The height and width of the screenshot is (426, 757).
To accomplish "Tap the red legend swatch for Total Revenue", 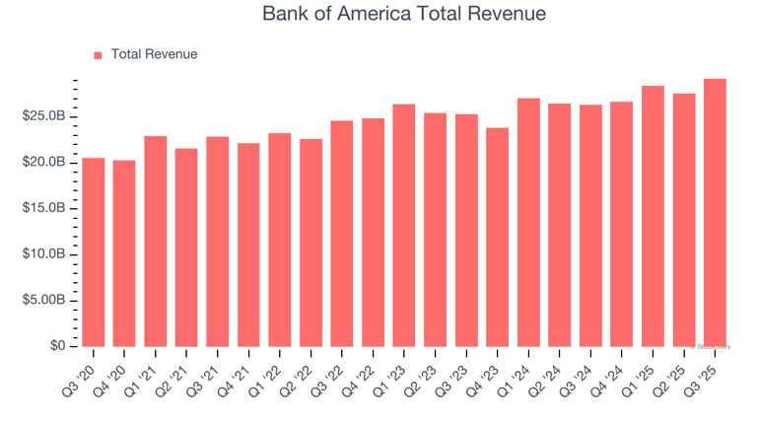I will click(98, 55).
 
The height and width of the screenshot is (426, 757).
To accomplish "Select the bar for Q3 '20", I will click(94, 252).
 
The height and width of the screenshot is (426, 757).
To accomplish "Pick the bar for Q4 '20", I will click(124, 253).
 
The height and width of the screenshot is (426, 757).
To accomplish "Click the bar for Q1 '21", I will click(156, 242).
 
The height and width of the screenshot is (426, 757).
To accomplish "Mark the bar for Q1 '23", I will click(404, 226).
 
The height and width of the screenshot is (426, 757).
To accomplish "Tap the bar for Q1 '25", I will click(653, 217).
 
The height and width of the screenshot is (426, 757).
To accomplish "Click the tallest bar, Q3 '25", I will click(715, 213).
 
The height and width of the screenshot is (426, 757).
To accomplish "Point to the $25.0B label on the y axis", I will click(44, 116).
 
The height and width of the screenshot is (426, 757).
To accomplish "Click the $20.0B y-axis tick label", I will click(44, 162).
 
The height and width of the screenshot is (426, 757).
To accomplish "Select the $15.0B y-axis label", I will click(44, 208).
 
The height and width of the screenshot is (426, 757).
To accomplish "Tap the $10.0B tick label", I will click(44, 254).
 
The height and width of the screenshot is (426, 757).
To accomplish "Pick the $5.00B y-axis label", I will click(44, 300).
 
